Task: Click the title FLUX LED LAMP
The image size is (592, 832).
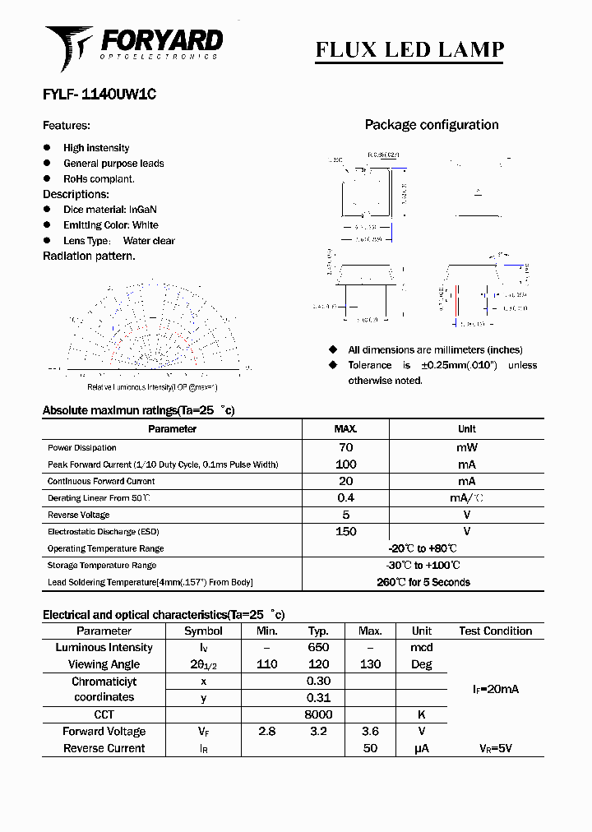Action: click(409, 49)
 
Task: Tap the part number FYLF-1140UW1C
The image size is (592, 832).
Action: click(99, 95)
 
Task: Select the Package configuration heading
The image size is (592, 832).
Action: click(432, 125)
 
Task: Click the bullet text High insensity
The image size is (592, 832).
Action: click(96, 148)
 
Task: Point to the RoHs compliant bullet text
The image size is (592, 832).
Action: click(99, 178)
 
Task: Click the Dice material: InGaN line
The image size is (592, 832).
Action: click(110, 210)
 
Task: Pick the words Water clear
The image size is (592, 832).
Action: click(149, 241)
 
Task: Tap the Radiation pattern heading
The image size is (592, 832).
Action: click(89, 256)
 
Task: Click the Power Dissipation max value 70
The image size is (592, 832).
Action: click(345, 447)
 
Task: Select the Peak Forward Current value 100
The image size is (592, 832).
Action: click(345, 465)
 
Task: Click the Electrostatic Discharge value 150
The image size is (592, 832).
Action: click(345, 531)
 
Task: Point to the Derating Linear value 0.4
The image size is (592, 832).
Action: click(345, 498)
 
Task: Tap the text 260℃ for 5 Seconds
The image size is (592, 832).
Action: click(423, 582)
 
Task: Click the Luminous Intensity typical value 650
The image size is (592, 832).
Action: click(318, 648)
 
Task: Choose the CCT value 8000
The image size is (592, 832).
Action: click(318, 714)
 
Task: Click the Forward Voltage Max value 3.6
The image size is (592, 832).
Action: click(370, 732)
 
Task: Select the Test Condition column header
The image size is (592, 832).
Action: click(495, 631)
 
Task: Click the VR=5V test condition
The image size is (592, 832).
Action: click(495, 749)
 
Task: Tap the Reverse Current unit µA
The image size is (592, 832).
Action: click(422, 749)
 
